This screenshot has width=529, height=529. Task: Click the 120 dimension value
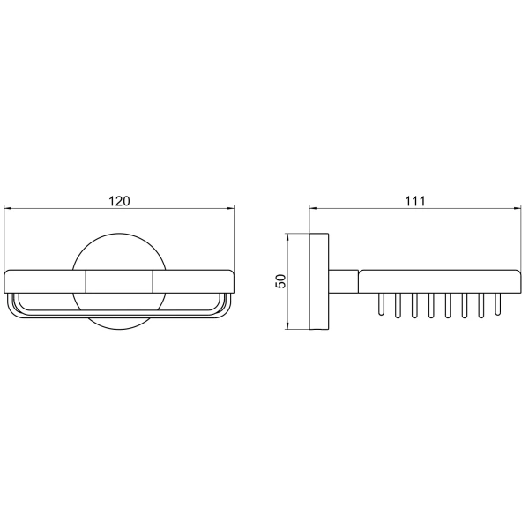119,201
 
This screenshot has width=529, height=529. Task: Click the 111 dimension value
415,201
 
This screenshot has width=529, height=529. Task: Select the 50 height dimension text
280,281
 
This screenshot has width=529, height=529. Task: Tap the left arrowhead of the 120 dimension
7,208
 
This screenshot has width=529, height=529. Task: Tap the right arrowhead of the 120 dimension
230,208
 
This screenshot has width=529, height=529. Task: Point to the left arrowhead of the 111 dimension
313,208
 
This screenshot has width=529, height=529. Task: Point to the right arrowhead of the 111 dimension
518,208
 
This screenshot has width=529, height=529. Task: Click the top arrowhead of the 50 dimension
287,237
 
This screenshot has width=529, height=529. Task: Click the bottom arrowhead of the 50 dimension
287,325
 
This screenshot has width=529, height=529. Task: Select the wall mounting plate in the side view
319,281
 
